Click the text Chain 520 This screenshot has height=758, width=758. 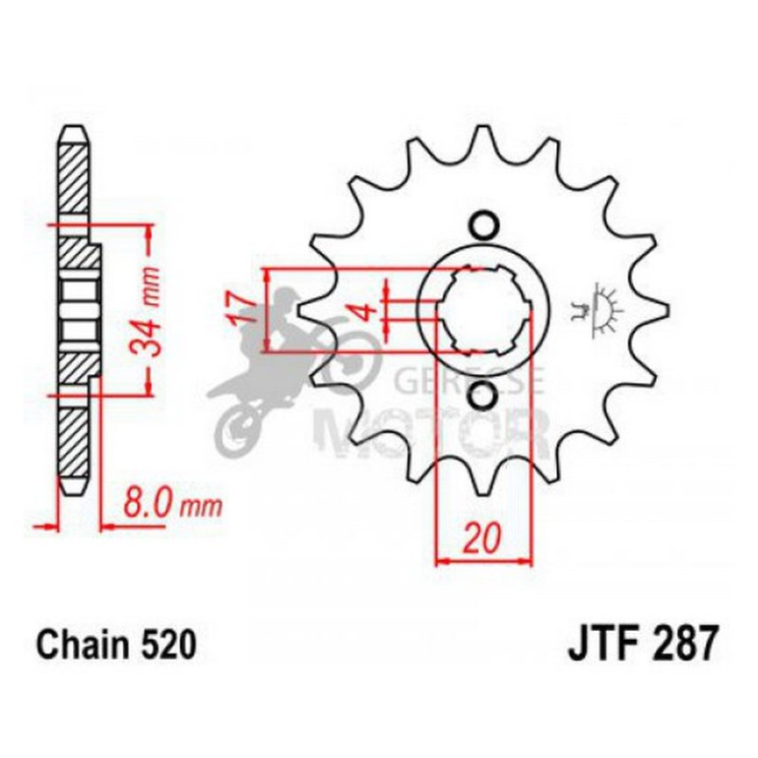point(116,645)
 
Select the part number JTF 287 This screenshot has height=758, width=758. point(643,645)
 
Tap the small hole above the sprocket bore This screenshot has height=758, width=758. point(481,225)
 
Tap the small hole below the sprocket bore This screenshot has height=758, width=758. point(481,396)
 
